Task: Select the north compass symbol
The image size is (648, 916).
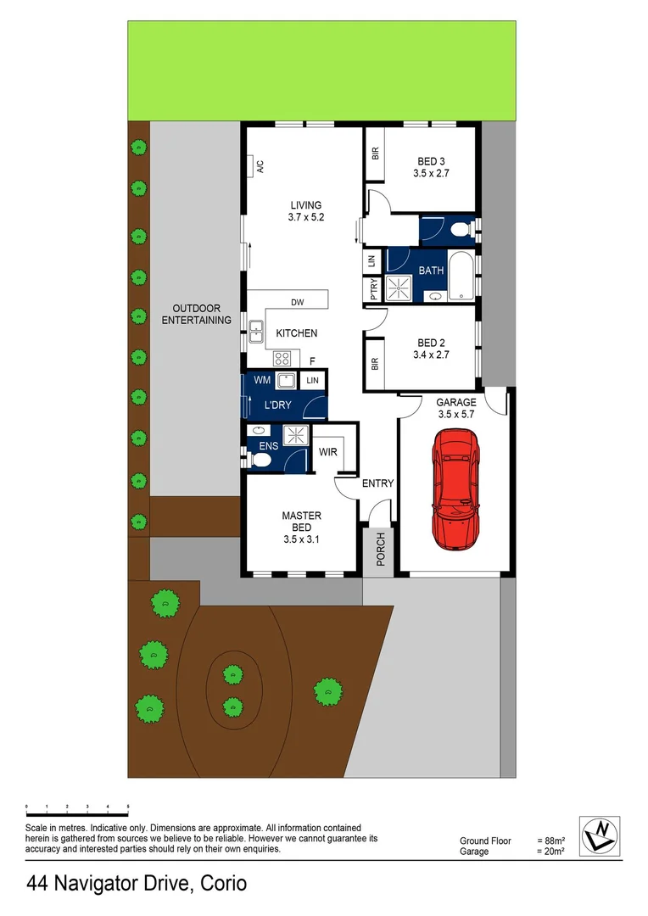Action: click(599, 836)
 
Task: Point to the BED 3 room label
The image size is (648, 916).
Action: click(431, 161)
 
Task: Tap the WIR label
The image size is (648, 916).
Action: click(328, 452)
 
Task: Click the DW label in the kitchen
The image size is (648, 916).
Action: click(297, 303)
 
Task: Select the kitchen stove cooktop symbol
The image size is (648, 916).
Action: click(284, 357)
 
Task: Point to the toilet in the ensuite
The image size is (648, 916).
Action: click(260, 459)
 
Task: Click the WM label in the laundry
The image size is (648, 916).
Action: click(262, 381)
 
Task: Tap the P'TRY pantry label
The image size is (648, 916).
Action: click(374, 290)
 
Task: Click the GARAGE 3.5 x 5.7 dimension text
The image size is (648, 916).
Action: click(455, 415)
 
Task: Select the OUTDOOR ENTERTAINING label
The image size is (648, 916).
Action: click(196, 314)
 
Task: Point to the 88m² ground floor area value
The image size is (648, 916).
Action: click(550, 841)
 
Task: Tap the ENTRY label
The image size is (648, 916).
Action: click(377, 483)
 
